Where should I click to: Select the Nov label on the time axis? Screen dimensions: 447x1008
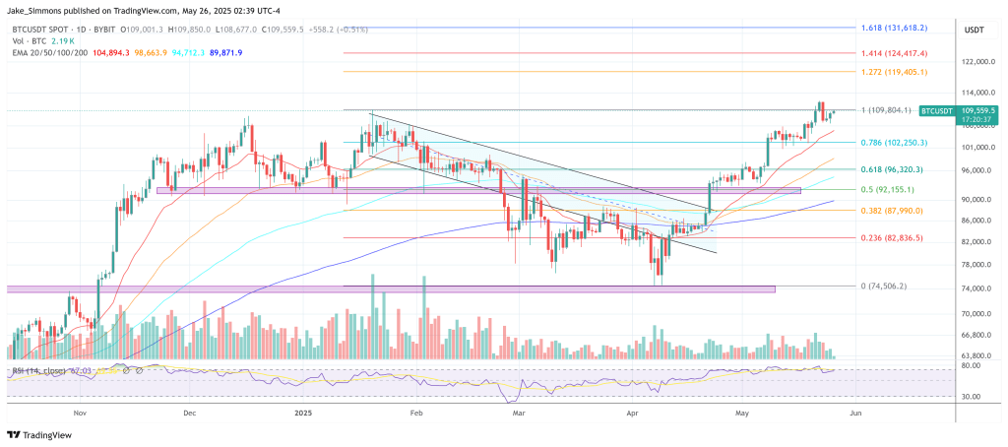click(x=81, y=415)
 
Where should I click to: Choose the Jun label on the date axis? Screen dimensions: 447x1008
click(x=854, y=415)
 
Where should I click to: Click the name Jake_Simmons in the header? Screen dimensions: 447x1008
click(x=36, y=8)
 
